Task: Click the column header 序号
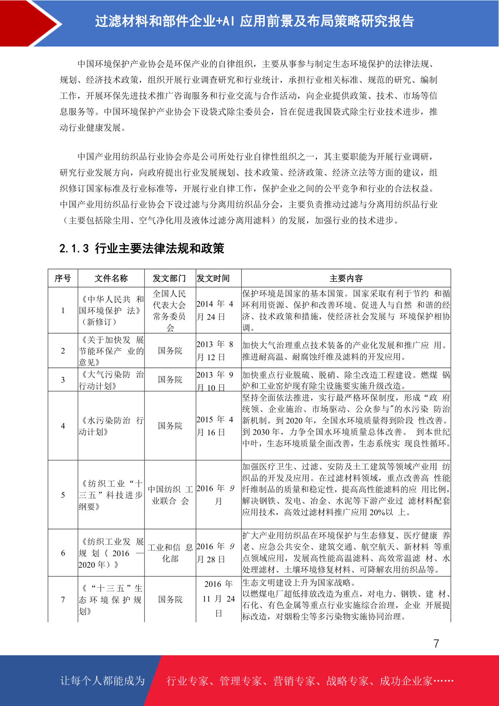[63, 278]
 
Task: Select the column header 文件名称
[111, 278]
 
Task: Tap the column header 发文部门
[169, 278]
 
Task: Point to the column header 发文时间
[213, 278]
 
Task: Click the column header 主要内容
[346, 278]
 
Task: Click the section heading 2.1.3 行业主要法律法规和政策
[142, 249]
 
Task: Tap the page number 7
[436, 644]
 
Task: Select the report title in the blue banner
[254, 21]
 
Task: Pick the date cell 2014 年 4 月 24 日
[215, 310]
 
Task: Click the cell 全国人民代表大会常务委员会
[170, 310]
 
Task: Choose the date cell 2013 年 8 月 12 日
[215, 351]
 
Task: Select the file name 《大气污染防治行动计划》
[111, 380]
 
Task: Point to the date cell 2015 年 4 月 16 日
[215, 426]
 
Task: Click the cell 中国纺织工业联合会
[170, 495]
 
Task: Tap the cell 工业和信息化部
[170, 553]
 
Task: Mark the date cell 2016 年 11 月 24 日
[218, 599]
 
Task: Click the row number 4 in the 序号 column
[63, 426]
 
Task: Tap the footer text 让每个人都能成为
[103, 681]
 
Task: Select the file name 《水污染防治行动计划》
[111, 426]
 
